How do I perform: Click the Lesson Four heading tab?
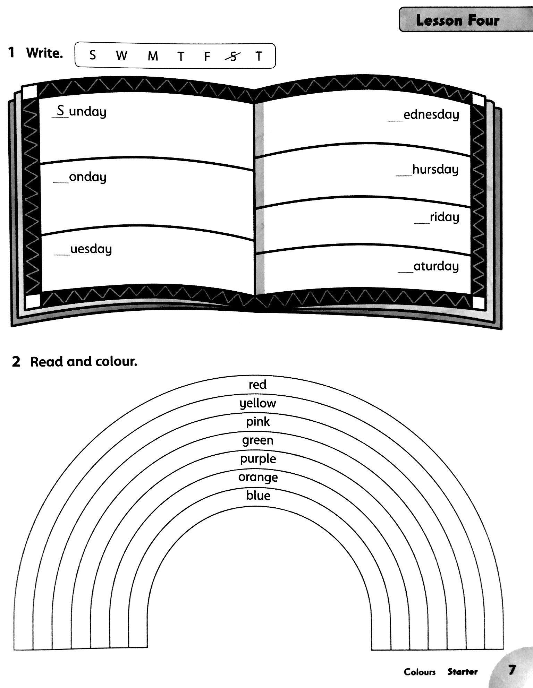pyautogui.click(x=457, y=20)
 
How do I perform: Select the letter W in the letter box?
pyautogui.click(x=121, y=55)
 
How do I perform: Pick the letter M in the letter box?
pyautogui.click(x=153, y=56)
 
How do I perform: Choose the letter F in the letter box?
pyautogui.click(x=207, y=56)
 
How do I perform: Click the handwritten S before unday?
pyautogui.click(x=61, y=111)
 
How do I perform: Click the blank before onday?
pyautogui.click(x=61, y=180)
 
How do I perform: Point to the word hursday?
pyautogui.click(x=435, y=170)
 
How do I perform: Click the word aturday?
pyautogui.click(x=436, y=266)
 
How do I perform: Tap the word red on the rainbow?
pyautogui.click(x=257, y=385)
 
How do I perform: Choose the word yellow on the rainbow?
pyautogui.click(x=258, y=403)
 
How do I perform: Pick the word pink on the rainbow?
pyautogui.click(x=258, y=422)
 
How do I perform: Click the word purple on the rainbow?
pyautogui.click(x=258, y=459)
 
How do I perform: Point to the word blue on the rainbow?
pyautogui.click(x=258, y=495)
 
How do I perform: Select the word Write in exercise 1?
pyautogui.click(x=44, y=53)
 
